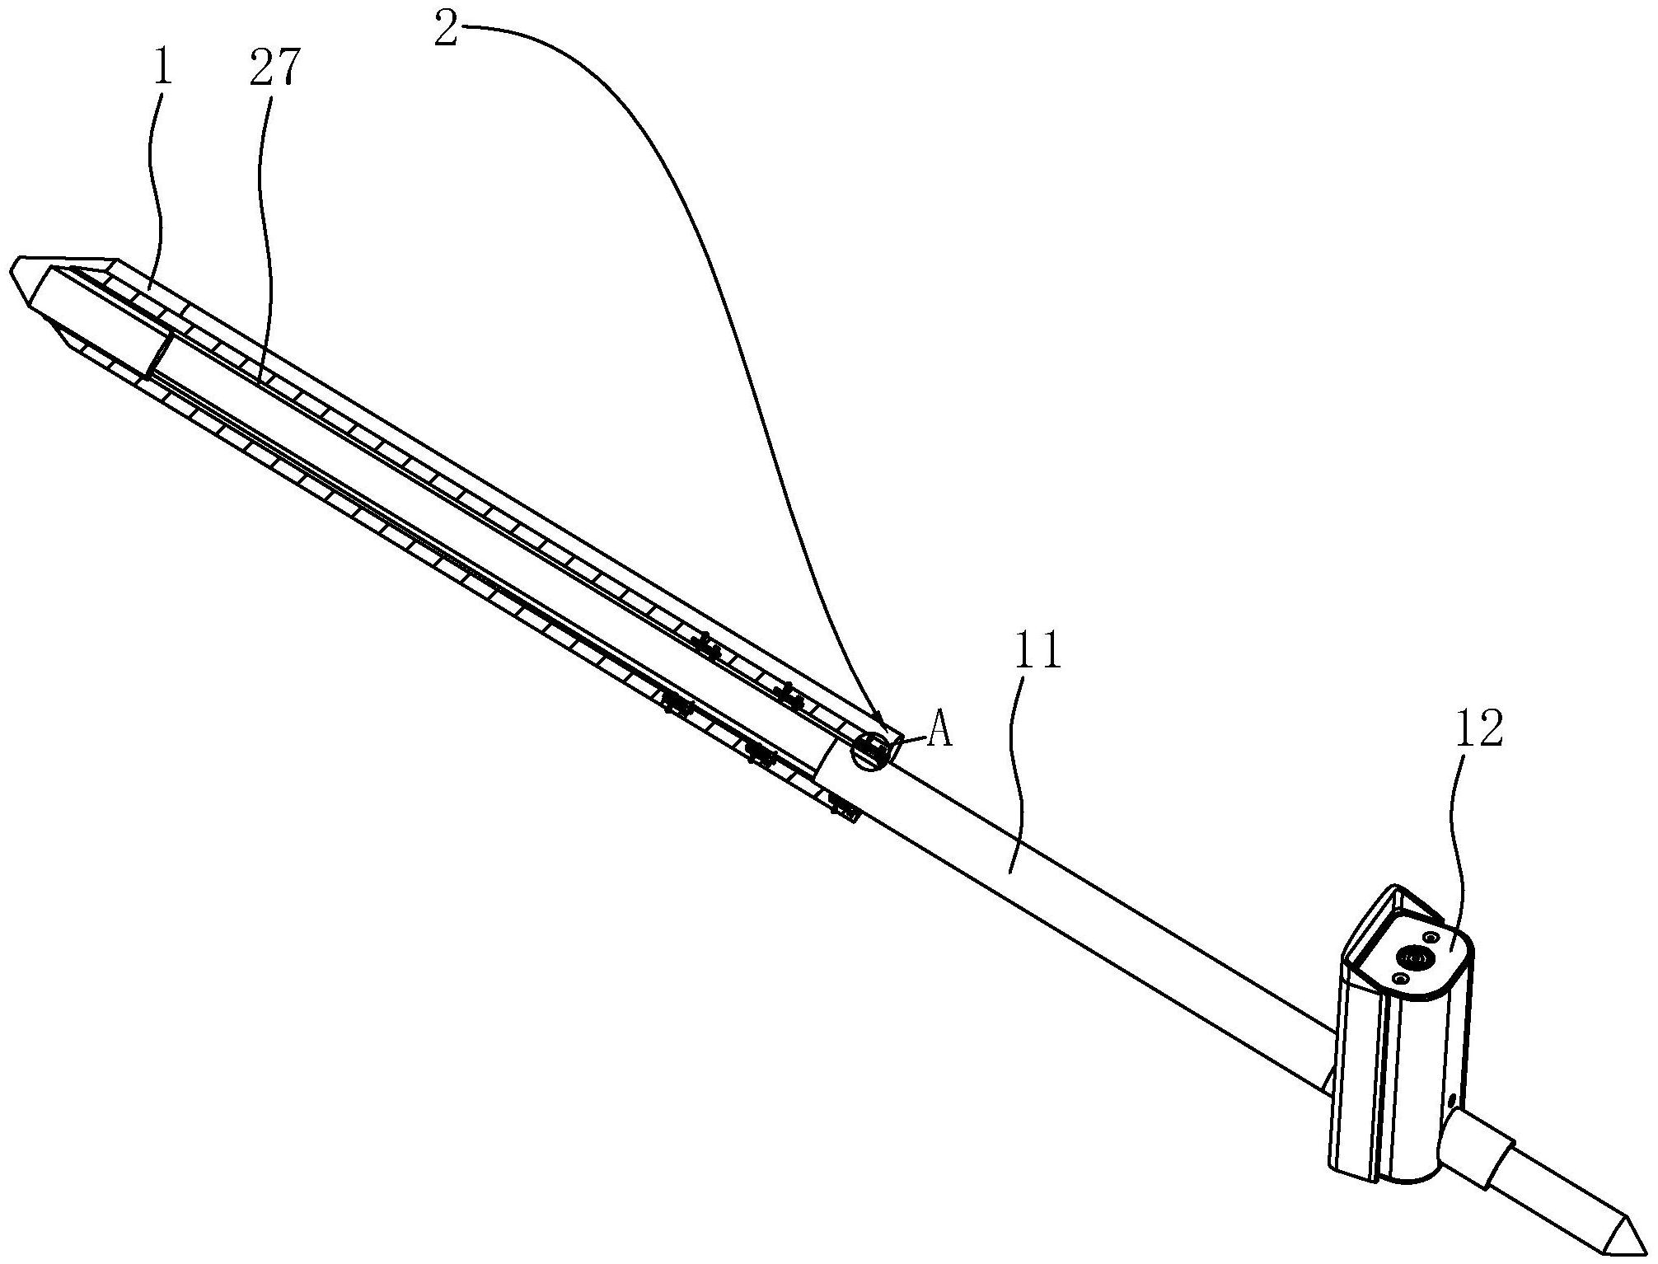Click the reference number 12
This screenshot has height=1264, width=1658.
(1479, 728)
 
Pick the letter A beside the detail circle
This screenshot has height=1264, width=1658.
(939, 730)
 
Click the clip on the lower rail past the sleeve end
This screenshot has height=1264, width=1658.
(845, 808)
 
